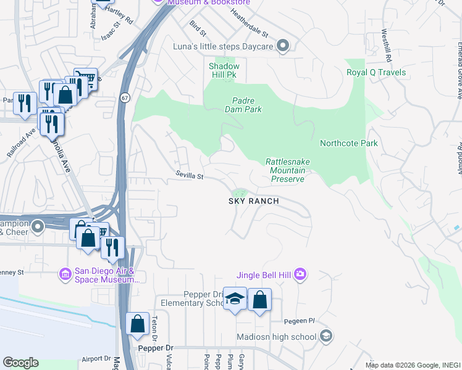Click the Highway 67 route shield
[x=125, y=97]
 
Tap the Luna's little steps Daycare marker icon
[x=283, y=46]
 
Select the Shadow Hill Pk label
[x=223, y=70]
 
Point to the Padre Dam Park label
[x=247, y=105]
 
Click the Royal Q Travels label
[x=376, y=72]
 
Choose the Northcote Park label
[x=348, y=143]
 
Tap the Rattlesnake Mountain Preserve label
[x=288, y=170]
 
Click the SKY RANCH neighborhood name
[x=254, y=201]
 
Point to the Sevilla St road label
[x=189, y=176]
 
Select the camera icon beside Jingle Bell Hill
[x=300, y=274]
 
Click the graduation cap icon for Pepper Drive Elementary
[x=235, y=299]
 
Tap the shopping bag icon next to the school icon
[x=259, y=300]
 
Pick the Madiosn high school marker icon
[x=326, y=337]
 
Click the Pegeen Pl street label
[x=300, y=321]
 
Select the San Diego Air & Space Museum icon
[x=65, y=273]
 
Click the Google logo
[x=20, y=363]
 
